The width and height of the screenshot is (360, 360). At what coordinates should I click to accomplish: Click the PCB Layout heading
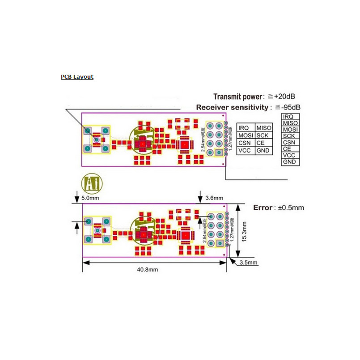click(77, 77)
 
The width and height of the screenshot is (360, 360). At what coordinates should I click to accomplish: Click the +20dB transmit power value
click(285, 96)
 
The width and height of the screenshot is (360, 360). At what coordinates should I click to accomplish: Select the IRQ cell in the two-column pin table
click(245, 128)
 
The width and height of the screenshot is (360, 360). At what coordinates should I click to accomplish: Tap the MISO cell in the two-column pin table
click(263, 128)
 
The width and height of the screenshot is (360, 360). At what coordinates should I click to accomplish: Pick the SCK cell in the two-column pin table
click(263, 136)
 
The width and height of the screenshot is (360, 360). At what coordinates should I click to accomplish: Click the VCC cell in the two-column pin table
click(245, 151)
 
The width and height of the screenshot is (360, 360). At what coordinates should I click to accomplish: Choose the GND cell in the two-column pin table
click(263, 151)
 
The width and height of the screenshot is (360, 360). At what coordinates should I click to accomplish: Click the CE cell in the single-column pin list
click(290, 149)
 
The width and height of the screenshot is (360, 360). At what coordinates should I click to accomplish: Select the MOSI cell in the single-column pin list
click(290, 130)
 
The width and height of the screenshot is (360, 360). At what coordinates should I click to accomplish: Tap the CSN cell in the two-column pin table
click(245, 143)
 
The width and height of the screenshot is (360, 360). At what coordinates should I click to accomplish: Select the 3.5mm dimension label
click(249, 263)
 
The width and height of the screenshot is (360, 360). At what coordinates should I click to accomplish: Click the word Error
click(263, 208)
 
